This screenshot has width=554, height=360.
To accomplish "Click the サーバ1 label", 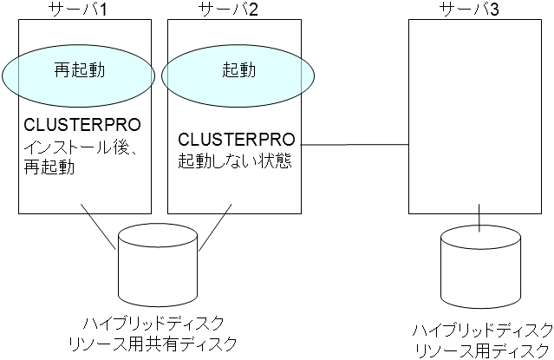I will pyautogui.click(x=84, y=10).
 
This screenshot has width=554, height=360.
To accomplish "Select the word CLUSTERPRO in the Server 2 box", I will pyautogui.click(x=237, y=139).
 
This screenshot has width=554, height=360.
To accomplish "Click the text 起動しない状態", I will pyautogui.click(x=233, y=161).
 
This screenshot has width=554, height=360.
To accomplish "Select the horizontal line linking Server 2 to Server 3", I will pyautogui.click(x=352, y=142).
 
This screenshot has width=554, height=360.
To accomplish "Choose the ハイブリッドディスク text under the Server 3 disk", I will pyautogui.click(x=482, y=330).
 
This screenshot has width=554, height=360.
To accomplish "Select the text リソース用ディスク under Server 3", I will pyautogui.click(x=482, y=350).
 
